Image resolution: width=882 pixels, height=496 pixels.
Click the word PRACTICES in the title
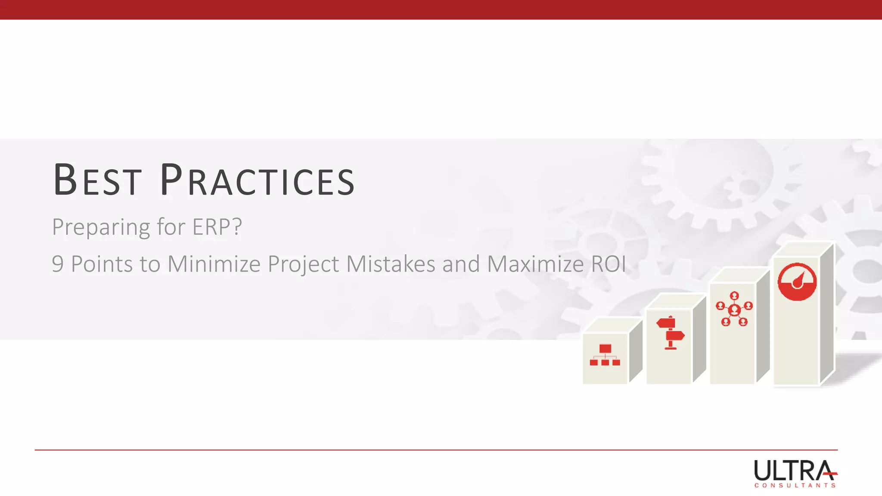tap(257, 180)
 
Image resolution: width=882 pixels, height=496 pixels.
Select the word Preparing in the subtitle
tap(101, 227)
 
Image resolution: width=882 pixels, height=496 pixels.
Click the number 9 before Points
tap(58, 264)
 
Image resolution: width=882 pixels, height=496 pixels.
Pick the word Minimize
tap(214, 264)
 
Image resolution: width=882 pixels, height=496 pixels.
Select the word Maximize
tap(535, 264)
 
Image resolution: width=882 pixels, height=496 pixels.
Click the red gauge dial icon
tap(797, 282)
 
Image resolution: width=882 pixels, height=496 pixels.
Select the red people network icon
tap(734, 309)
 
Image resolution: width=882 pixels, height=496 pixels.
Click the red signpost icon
tap(670, 332)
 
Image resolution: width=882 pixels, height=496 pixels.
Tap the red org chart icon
tap(605, 355)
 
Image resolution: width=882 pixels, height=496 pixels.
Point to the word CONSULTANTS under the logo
tap(795, 485)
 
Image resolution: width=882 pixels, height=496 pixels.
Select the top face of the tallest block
tap(804, 249)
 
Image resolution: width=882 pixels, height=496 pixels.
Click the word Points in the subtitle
tap(102, 264)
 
